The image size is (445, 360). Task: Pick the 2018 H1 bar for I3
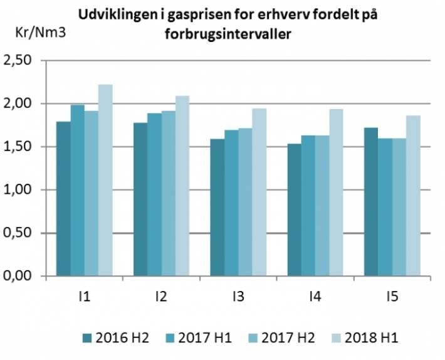coord(259,192)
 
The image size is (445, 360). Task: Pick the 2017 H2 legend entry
coord(280,338)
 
